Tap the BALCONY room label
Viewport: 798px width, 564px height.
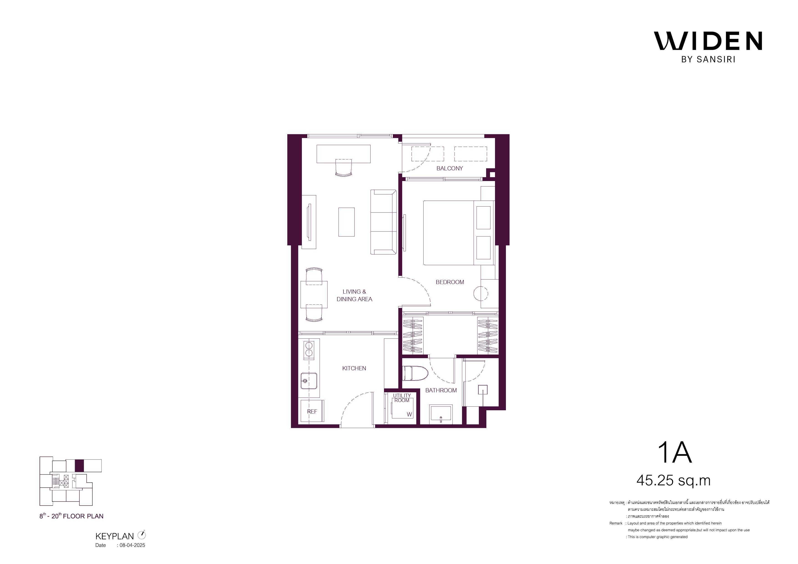tap(450, 169)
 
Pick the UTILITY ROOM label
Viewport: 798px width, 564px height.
tap(402, 398)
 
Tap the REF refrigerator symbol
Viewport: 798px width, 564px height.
tap(312, 411)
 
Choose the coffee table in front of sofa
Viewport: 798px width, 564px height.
tap(346, 222)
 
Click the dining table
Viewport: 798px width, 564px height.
tap(314, 294)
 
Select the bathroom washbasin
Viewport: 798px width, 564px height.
tap(441, 414)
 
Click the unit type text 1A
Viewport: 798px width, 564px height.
tap(675, 453)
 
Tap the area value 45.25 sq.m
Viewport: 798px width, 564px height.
tap(673, 481)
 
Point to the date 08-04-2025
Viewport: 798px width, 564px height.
tap(132, 545)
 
